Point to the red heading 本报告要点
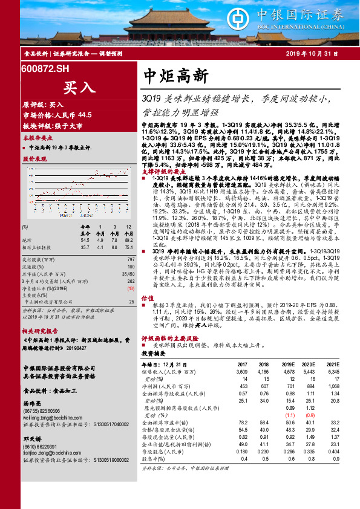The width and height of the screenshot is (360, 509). click(35, 138)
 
